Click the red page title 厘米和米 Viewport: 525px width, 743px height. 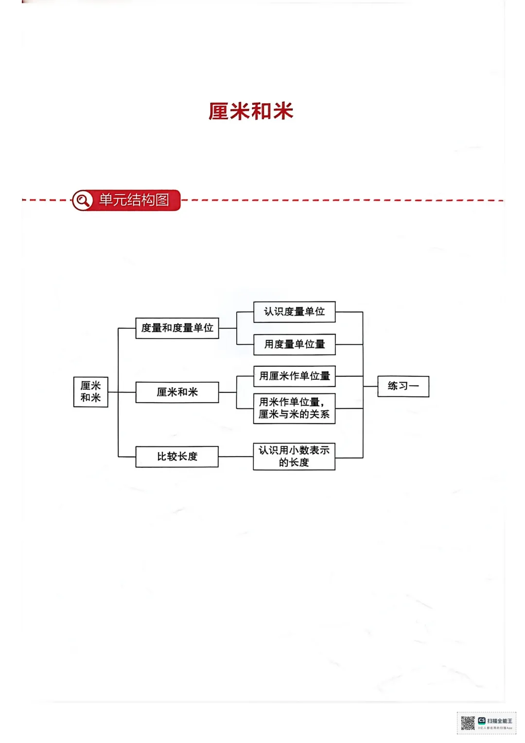click(251, 111)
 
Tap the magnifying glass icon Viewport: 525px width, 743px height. click(83, 200)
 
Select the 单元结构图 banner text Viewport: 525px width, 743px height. click(134, 200)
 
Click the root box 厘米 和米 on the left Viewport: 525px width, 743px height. click(90, 391)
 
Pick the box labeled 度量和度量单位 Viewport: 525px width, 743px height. click(177, 328)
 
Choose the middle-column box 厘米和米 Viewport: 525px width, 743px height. click(177, 392)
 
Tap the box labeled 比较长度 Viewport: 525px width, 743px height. click(177, 457)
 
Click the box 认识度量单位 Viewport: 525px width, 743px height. click(294, 312)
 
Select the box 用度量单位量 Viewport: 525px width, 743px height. click(294, 344)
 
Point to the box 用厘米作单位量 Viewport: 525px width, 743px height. click(294, 376)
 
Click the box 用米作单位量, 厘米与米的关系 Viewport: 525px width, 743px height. click(294, 408)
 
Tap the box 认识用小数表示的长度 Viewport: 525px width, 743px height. click(294, 456)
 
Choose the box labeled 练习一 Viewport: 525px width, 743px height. click(403, 386)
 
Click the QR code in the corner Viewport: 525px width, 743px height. click(468, 723)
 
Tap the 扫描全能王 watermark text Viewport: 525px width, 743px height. click(500, 721)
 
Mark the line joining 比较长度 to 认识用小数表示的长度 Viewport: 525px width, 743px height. click(236, 457)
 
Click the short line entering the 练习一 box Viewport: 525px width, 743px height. click(370, 386)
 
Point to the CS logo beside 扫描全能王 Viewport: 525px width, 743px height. click(482, 721)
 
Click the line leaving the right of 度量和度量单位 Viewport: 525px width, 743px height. click(227, 328)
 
